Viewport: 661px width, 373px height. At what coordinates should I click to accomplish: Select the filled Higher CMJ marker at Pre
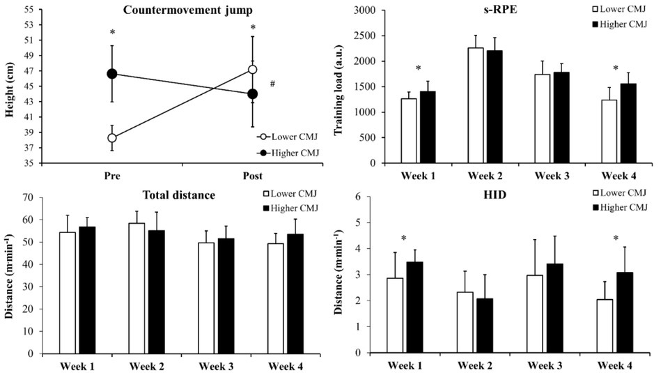(x=111, y=73)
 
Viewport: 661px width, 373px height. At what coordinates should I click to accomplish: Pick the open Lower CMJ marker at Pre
(x=111, y=137)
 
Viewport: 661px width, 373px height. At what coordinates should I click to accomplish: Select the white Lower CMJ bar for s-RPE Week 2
(x=475, y=105)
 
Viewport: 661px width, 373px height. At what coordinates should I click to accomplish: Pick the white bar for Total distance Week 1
(x=68, y=293)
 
